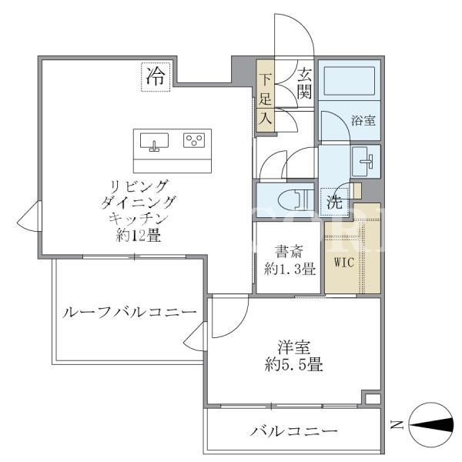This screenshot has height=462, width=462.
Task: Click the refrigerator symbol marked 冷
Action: click(156, 77)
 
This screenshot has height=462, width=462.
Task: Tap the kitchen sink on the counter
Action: click(154, 142)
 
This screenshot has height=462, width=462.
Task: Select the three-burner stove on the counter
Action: click(194, 140)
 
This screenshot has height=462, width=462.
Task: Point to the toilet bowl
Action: click(293, 200)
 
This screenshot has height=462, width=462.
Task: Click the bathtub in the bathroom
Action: click(350, 81)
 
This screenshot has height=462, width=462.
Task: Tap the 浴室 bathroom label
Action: click(363, 120)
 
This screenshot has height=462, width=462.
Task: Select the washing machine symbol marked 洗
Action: click(334, 202)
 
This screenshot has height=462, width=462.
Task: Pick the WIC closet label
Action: click(344, 262)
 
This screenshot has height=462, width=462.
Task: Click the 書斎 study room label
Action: click(289, 252)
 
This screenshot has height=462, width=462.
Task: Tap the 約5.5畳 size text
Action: click(294, 365)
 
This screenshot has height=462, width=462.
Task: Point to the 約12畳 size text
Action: click(139, 236)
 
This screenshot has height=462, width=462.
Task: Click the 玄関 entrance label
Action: click(304, 84)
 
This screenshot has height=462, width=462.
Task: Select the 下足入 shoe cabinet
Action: click(265, 95)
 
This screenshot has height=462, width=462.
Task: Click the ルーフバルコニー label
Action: click(129, 313)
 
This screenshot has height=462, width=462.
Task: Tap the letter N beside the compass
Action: click(397, 424)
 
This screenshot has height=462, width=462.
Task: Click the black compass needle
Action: click(431, 425)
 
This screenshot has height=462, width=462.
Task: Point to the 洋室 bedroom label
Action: click(294, 347)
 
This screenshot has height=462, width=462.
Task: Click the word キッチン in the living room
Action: click(139, 219)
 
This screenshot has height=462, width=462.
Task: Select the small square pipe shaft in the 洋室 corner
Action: click(373, 399)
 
